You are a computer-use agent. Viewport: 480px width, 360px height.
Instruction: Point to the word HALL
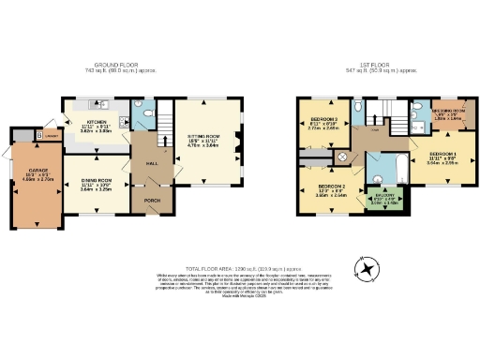click(x=150, y=163)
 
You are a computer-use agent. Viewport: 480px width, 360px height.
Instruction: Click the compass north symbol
click(x=368, y=270)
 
